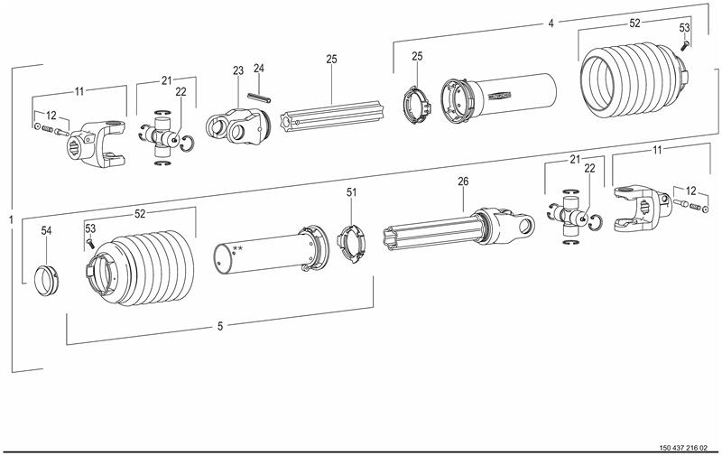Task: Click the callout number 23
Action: click(x=237, y=70)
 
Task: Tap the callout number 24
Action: click(x=259, y=68)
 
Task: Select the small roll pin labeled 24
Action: click(x=259, y=98)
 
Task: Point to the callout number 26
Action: click(x=463, y=181)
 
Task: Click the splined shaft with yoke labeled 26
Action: click(x=459, y=228)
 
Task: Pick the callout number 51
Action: click(x=351, y=192)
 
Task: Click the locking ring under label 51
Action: click(x=351, y=242)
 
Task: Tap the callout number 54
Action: click(x=47, y=231)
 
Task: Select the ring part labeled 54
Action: click(x=47, y=280)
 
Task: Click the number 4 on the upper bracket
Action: click(x=551, y=23)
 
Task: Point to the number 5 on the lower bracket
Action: click(x=220, y=326)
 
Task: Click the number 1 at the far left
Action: click(x=11, y=220)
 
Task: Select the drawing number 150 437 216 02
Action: click(x=683, y=447)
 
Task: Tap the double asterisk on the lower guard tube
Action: click(x=237, y=249)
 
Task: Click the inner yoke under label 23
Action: click(x=237, y=126)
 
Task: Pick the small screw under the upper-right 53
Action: click(x=685, y=44)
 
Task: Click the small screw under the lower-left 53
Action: click(x=90, y=241)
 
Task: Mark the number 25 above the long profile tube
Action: click(x=331, y=59)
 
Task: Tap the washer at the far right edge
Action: click(x=705, y=209)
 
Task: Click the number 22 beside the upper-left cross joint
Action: click(x=180, y=92)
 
